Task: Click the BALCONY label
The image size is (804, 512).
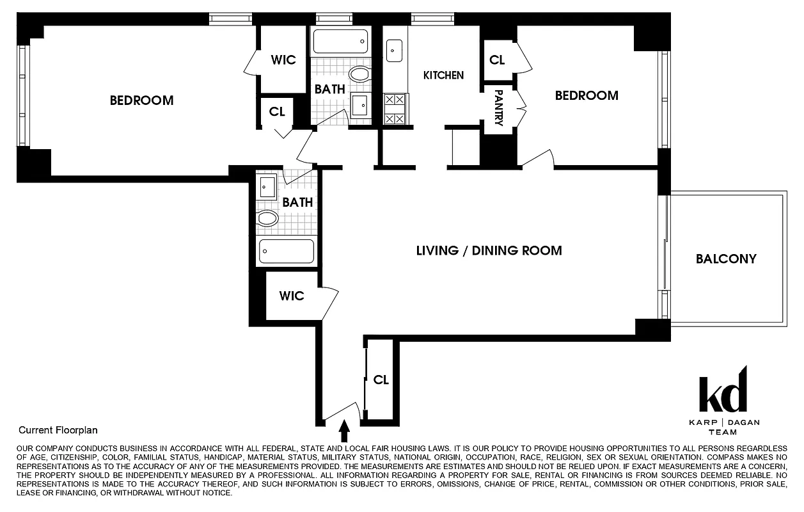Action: point(726,259)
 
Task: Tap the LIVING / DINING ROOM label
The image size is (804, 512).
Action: point(489,250)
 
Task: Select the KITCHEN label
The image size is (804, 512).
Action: point(443,75)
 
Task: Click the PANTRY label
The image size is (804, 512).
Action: point(498,108)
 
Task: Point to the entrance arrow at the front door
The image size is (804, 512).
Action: point(343,432)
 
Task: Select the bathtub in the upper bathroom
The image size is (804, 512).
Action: point(340,42)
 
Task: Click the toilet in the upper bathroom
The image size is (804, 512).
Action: point(359,74)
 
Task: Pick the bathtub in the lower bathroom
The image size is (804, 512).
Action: point(286,251)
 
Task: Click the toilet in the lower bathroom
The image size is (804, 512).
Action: point(267,219)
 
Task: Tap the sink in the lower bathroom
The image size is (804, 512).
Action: point(267,187)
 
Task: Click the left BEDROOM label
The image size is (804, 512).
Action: point(141,100)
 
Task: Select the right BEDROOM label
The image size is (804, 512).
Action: point(587,95)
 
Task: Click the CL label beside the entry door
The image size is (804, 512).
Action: point(381,380)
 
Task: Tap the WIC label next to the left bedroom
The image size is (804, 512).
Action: point(283,60)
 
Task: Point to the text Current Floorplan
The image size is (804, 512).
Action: point(58,431)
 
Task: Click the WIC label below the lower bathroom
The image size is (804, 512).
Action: point(292,296)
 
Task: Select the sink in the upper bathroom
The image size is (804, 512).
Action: point(359,104)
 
